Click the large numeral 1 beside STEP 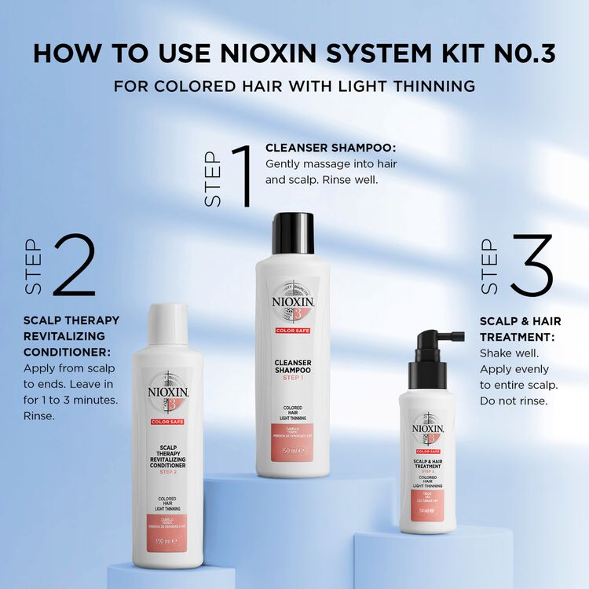240,174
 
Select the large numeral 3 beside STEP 531,265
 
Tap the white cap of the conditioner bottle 167,324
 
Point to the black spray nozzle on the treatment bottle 430,350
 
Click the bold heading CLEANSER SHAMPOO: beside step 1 330,148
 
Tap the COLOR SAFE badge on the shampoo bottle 293,331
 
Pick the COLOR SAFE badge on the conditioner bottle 166,422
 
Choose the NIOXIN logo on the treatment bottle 428,429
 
